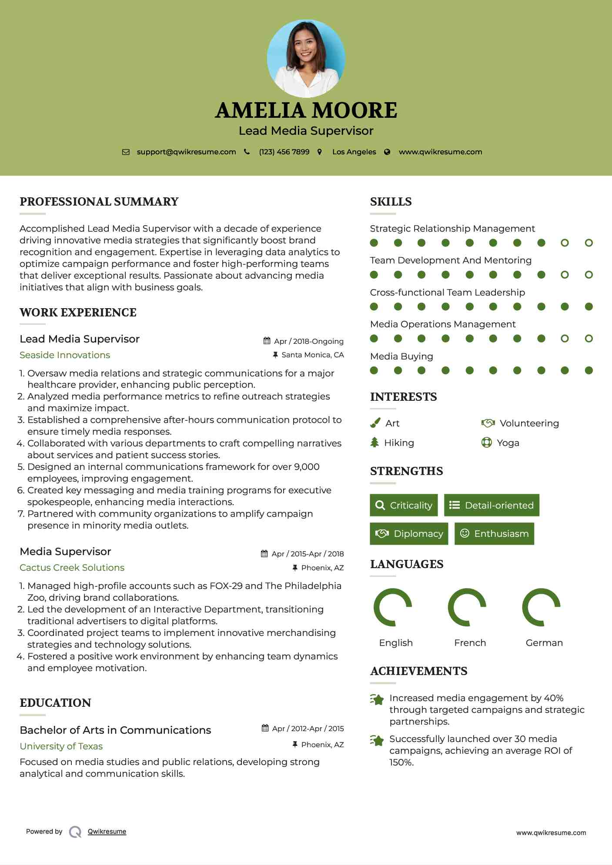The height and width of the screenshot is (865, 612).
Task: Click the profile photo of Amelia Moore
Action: (x=306, y=58)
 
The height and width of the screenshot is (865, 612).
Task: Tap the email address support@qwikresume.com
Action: (x=186, y=152)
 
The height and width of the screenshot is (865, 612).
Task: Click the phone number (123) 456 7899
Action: (x=284, y=152)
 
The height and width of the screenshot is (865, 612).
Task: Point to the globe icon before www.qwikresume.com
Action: (x=387, y=152)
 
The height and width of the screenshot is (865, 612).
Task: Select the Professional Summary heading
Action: (x=99, y=202)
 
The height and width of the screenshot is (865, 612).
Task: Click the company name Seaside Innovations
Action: (x=65, y=355)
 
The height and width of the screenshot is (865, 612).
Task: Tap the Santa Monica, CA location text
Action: (x=312, y=355)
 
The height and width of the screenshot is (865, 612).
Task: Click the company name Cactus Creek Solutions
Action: (x=72, y=568)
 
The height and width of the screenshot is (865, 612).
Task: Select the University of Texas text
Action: (x=61, y=746)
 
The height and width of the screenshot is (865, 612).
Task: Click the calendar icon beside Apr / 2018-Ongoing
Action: (x=267, y=341)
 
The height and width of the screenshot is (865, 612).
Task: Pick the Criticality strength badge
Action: (x=404, y=505)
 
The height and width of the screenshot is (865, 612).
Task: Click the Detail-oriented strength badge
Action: (x=492, y=505)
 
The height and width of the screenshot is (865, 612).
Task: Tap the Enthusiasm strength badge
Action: (x=494, y=534)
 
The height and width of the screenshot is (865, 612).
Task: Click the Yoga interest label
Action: (x=508, y=443)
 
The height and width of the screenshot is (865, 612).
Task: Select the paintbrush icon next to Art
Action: (x=375, y=423)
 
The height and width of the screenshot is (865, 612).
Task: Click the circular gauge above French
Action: (x=467, y=607)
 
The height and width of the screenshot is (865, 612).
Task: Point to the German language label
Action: (x=544, y=643)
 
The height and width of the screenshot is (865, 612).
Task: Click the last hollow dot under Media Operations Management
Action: (x=589, y=339)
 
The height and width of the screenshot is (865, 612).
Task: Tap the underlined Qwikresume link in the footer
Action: (x=107, y=832)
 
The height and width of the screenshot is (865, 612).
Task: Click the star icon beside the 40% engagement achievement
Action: (x=377, y=699)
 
